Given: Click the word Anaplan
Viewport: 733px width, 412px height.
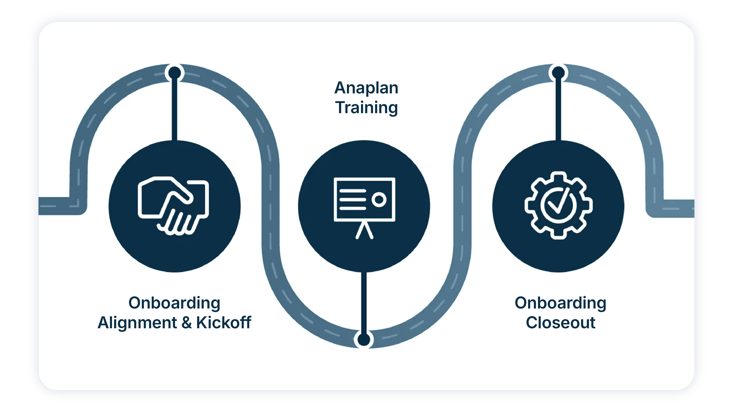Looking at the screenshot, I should click(366, 88).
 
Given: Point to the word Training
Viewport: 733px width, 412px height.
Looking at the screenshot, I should click(366, 108).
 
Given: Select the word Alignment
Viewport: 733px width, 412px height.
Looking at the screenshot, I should click(137, 323).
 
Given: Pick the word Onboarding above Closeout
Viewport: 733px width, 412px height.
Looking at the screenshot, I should click(560, 303).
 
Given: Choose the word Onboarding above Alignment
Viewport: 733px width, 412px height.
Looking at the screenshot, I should click(174, 303).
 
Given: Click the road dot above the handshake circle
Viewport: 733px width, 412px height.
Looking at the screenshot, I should click(175, 73).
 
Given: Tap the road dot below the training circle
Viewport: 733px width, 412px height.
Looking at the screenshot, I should click(364, 339).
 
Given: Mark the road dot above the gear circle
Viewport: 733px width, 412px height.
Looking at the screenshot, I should click(558, 73).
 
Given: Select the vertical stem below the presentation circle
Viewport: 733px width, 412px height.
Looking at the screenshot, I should click(364, 301).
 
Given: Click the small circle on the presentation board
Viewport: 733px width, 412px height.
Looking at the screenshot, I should click(379, 199).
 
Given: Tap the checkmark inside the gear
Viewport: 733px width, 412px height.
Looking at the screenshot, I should click(558, 203).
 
